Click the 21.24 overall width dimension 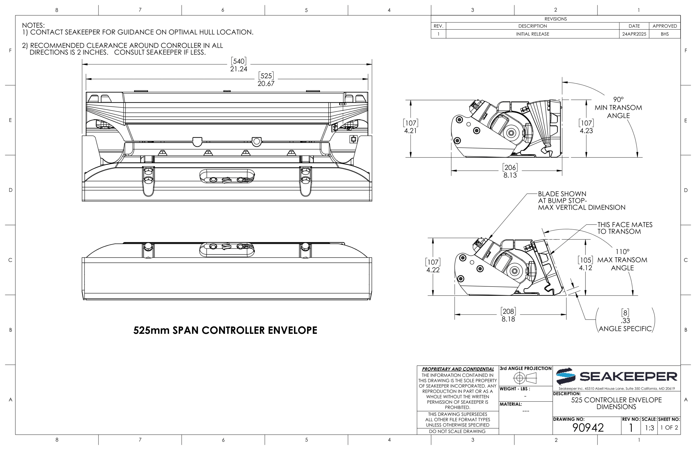point(239,69)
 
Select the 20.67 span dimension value point(266,83)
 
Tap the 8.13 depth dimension point(510,175)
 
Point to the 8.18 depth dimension point(508,319)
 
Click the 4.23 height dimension point(586,131)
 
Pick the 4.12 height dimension point(586,268)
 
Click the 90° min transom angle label point(618,108)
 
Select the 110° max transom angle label point(622,260)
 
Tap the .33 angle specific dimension point(625,321)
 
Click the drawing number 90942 point(588,428)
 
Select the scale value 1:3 point(649,428)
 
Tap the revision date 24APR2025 point(634,34)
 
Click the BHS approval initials point(665,34)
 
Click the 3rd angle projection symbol point(525,378)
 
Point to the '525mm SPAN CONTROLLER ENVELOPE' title point(225,330)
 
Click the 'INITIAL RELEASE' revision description point(532,34)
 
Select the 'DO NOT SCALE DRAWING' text point(457,431)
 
